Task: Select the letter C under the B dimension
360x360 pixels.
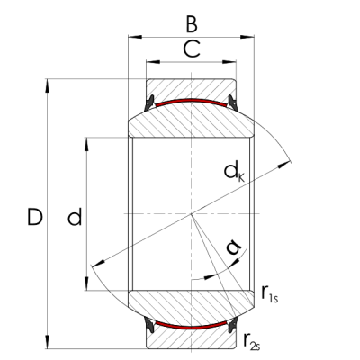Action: [190, 50]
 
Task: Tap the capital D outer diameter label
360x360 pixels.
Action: [33, 217]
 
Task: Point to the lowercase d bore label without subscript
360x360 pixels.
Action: [75, 217]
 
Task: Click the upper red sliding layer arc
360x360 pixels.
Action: [190, 100]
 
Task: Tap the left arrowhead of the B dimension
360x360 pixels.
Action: [132, 37]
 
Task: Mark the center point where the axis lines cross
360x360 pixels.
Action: [190, 214]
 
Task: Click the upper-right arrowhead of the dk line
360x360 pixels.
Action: [290, 163]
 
